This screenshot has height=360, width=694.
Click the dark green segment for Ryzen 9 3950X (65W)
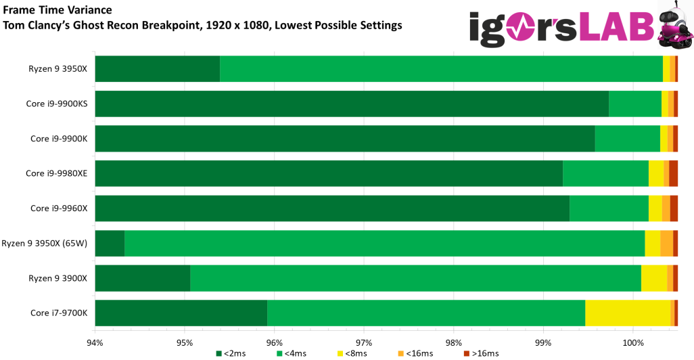(110, 244)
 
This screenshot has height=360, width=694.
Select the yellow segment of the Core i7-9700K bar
(627, 313)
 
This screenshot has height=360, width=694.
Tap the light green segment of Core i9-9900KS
(634, 104)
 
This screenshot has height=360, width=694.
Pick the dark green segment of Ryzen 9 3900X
(142, 278)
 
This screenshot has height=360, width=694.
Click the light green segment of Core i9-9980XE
(605, 173)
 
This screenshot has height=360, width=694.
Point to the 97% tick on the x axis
(364, 342)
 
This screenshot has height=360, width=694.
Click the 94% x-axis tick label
(95, 342)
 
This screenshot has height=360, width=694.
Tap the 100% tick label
(633, 342)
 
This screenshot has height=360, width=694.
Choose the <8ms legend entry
(352, 353)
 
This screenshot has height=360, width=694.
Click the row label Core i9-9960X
(59, 208)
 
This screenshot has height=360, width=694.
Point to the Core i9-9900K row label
(59, 139)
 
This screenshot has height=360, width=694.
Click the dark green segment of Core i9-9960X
(331, 208)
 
